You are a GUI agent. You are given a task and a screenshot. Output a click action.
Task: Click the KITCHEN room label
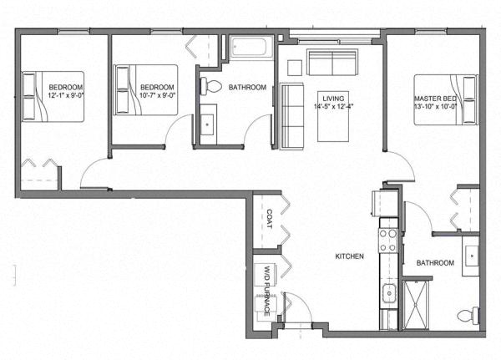(349, 256)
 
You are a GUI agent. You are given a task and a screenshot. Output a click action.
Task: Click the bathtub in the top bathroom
(251, 47)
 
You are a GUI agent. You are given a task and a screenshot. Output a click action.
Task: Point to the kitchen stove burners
(388, 241)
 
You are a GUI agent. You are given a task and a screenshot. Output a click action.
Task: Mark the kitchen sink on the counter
(389, 292)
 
